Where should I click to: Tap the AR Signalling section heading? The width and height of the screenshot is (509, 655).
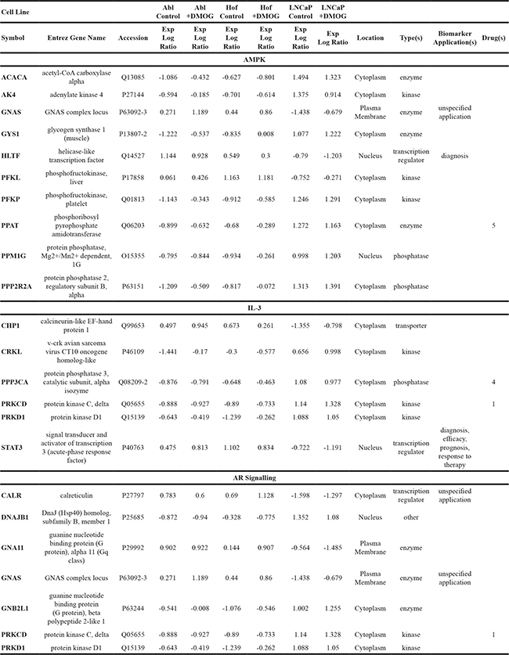pos(254,477)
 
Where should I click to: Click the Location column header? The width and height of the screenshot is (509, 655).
pos(370,38)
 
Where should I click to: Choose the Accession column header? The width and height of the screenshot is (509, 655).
pos(132,38)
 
